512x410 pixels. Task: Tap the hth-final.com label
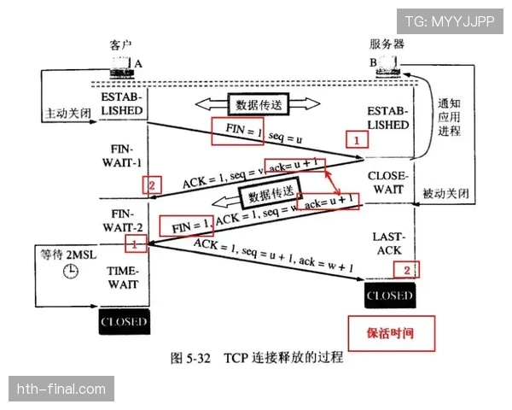(61, 389)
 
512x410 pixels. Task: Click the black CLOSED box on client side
(124, 322)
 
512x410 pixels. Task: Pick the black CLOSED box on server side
(390, 296)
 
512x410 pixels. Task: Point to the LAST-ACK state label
(388, 243)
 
